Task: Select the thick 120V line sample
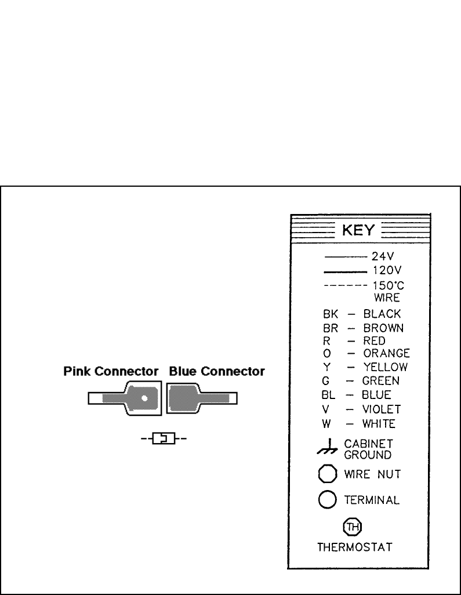(x=346, y=271)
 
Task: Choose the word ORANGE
(x=387, y=353)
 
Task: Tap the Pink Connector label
(x=111, y=370)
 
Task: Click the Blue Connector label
(x=216, y=370)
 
